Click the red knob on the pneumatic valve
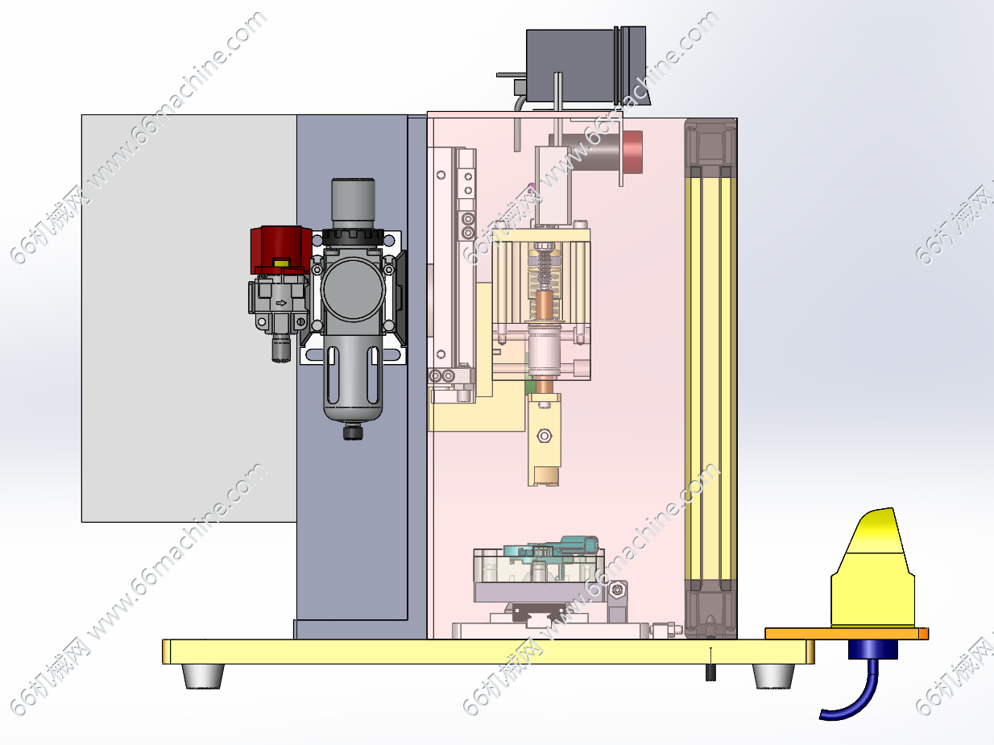[281, 250]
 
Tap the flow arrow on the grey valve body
[281, 304]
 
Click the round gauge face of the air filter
[353, 290]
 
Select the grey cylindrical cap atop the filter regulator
[353, 203]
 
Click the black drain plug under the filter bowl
[353, 432]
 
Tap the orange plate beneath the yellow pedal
[847, 633]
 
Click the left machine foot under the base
[203, 677]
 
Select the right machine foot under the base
[773, 677]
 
